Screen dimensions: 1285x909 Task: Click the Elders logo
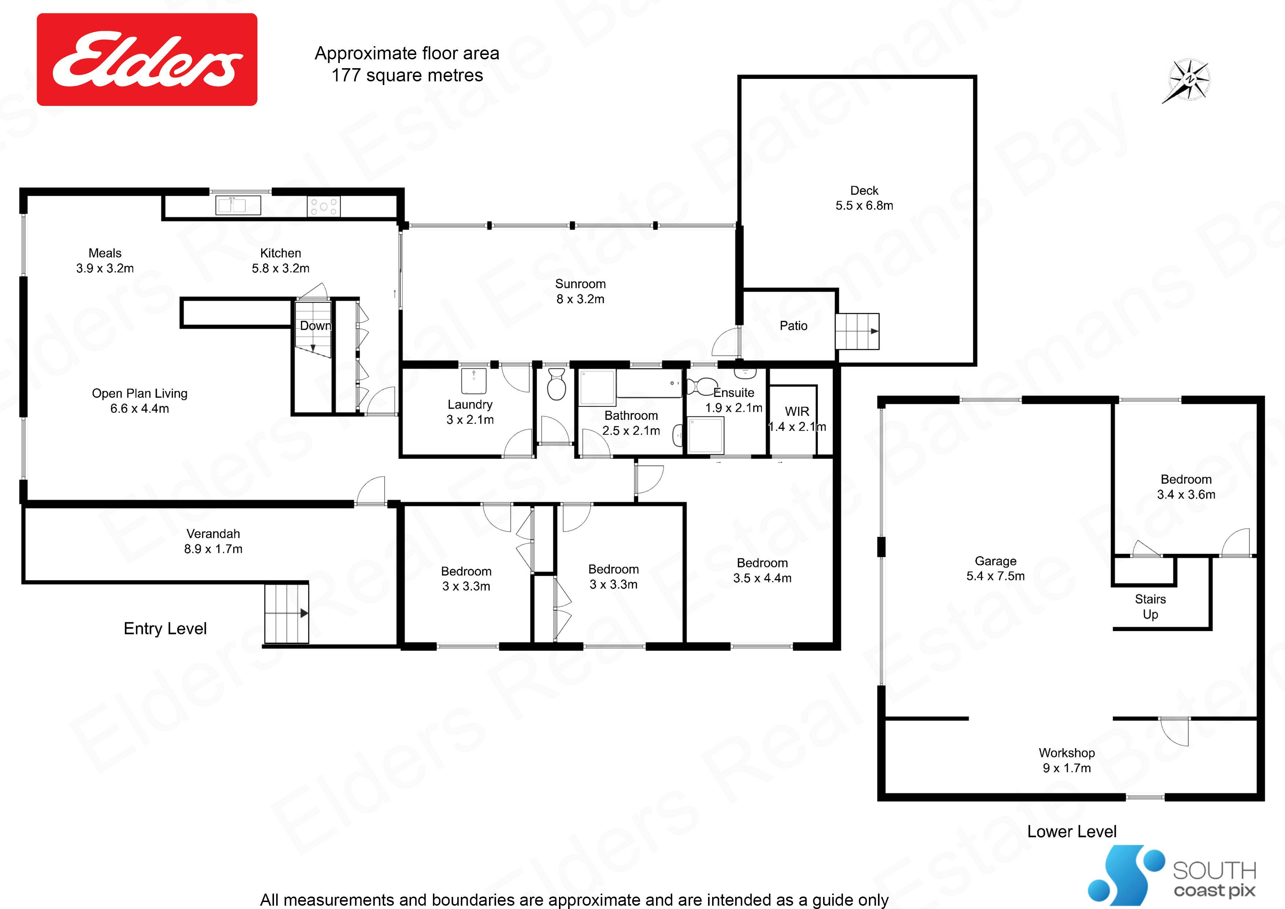147,59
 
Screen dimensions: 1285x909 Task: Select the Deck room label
864,198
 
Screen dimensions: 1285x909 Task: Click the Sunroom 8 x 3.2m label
580,291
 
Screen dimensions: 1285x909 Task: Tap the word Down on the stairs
315,325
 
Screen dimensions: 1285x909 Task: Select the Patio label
794,325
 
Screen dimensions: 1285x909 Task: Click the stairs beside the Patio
857,332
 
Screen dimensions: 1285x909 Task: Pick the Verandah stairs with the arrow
286,613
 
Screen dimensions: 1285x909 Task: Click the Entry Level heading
165,628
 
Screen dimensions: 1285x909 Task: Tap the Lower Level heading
1072,831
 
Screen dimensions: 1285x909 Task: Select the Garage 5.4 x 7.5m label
996,568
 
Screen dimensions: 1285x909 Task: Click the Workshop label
1067,761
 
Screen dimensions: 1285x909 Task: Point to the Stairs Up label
1150,607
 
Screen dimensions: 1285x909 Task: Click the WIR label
797,412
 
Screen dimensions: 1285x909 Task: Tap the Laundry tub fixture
474,381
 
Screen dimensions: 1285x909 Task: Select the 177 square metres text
407,76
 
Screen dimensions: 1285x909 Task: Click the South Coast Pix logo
1172,876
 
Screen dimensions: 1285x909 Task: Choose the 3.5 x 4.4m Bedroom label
762,570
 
